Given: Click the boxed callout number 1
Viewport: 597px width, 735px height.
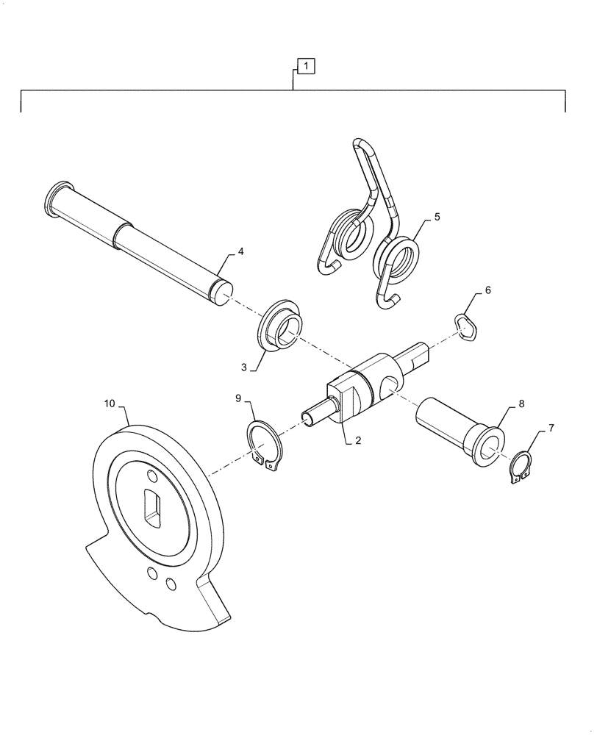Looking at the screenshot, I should click(x=307, y=67).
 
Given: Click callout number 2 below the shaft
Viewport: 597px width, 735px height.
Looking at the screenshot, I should click(x=358, y=440).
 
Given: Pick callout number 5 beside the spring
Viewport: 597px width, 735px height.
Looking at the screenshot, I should click(x=437, y=218).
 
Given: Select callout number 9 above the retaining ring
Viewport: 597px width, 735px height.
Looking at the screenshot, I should click(x=238, y=398).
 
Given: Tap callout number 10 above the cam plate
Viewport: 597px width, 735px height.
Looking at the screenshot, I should click(x=110, y=404).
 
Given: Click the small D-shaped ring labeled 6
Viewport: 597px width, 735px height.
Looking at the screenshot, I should click(x=466, y=326).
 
